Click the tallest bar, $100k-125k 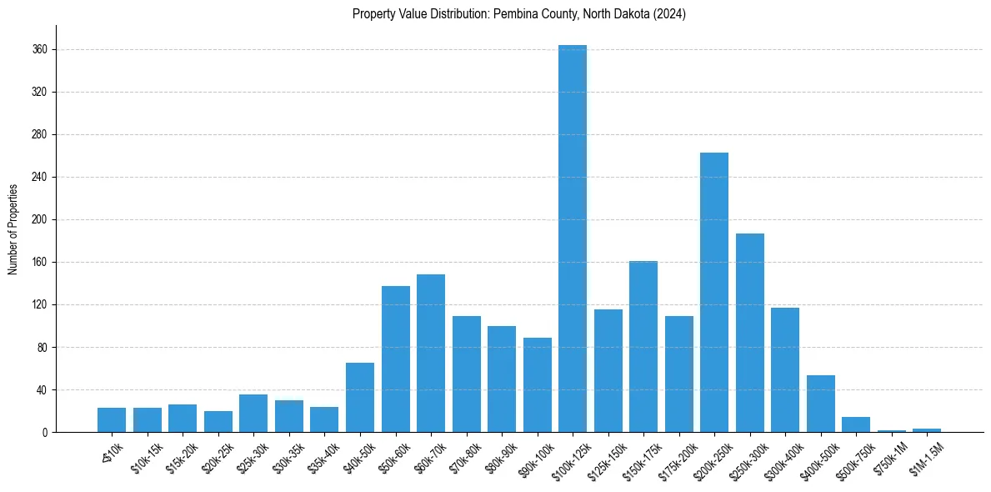click(x=573, y=242)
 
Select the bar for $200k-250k click(x=714, y=292)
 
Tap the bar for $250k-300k click(x=749, y=334)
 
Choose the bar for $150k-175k click(x=643, y=347)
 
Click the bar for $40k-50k click(x=360, y=398)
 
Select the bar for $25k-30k click(x=253, y=414)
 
